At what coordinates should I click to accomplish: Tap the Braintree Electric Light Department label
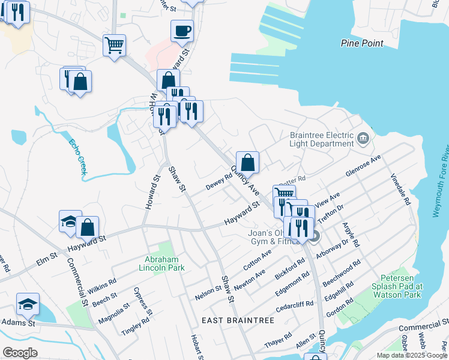(321, 140)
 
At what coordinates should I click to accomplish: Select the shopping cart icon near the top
(114, 45)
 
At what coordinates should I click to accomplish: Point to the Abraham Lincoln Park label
(164, 263)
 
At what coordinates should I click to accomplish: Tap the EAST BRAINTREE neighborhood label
(238, 320)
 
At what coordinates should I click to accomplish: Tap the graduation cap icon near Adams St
(28, 304)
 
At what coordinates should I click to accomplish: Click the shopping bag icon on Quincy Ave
(247, 162)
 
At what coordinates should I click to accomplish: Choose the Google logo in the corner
(20, 353)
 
